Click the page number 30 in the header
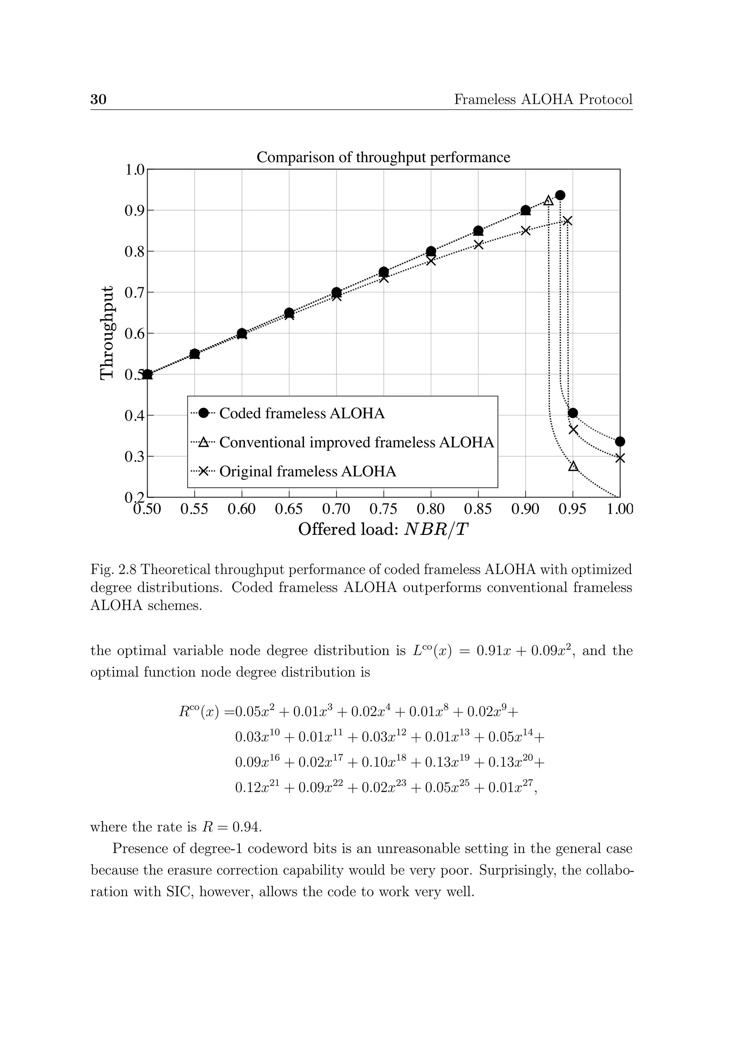pyautogui.click(x=98, y=100)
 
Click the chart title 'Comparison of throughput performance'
pyautogui.click(x=383, y=157)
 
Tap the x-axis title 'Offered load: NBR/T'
pyautogui.click(x=383, y=529)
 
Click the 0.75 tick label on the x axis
pyautogui.click(x=383, y=508)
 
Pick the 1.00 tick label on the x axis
pyautogui.click(x=620, y=508)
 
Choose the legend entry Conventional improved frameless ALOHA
pyautogui.click(x=356, y=442)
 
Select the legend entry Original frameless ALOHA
pyautogui.click(x=308, y=472)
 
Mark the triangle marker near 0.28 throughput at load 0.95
pyautogui.click(x=573, y=466)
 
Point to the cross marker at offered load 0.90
pyautogui.click(x=526, y=231)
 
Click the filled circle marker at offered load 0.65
pyautogui.click(x=289, y=313)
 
